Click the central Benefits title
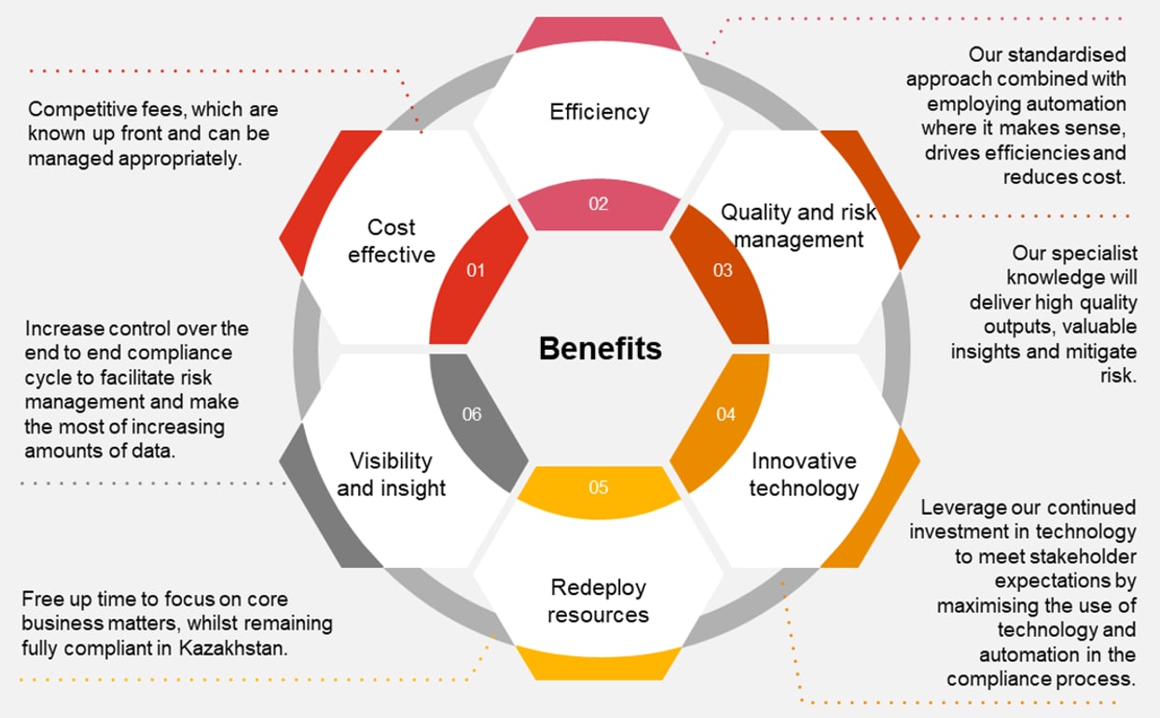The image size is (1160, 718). coord(600,349)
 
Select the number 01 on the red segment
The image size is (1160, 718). coord(476,270)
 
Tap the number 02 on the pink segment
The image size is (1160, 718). coord(599,203)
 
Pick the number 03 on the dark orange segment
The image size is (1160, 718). coord(723,270)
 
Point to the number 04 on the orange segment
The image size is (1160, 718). coord(725,414)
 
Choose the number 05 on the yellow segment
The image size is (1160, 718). coord(599,487)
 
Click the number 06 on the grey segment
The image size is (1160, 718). coord(472,414)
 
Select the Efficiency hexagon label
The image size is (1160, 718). coord(599,112)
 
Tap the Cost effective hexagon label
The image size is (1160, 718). coord(392,241)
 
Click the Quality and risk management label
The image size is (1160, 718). coord(799,226)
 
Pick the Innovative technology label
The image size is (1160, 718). coord(804,474)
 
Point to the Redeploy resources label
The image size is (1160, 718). coord(599,601)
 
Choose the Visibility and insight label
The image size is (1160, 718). coord(392,474)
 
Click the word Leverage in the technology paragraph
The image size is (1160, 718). coord(964,508)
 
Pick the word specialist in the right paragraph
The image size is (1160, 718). coord(1088,254)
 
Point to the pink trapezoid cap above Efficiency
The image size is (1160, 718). coord(599,35)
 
